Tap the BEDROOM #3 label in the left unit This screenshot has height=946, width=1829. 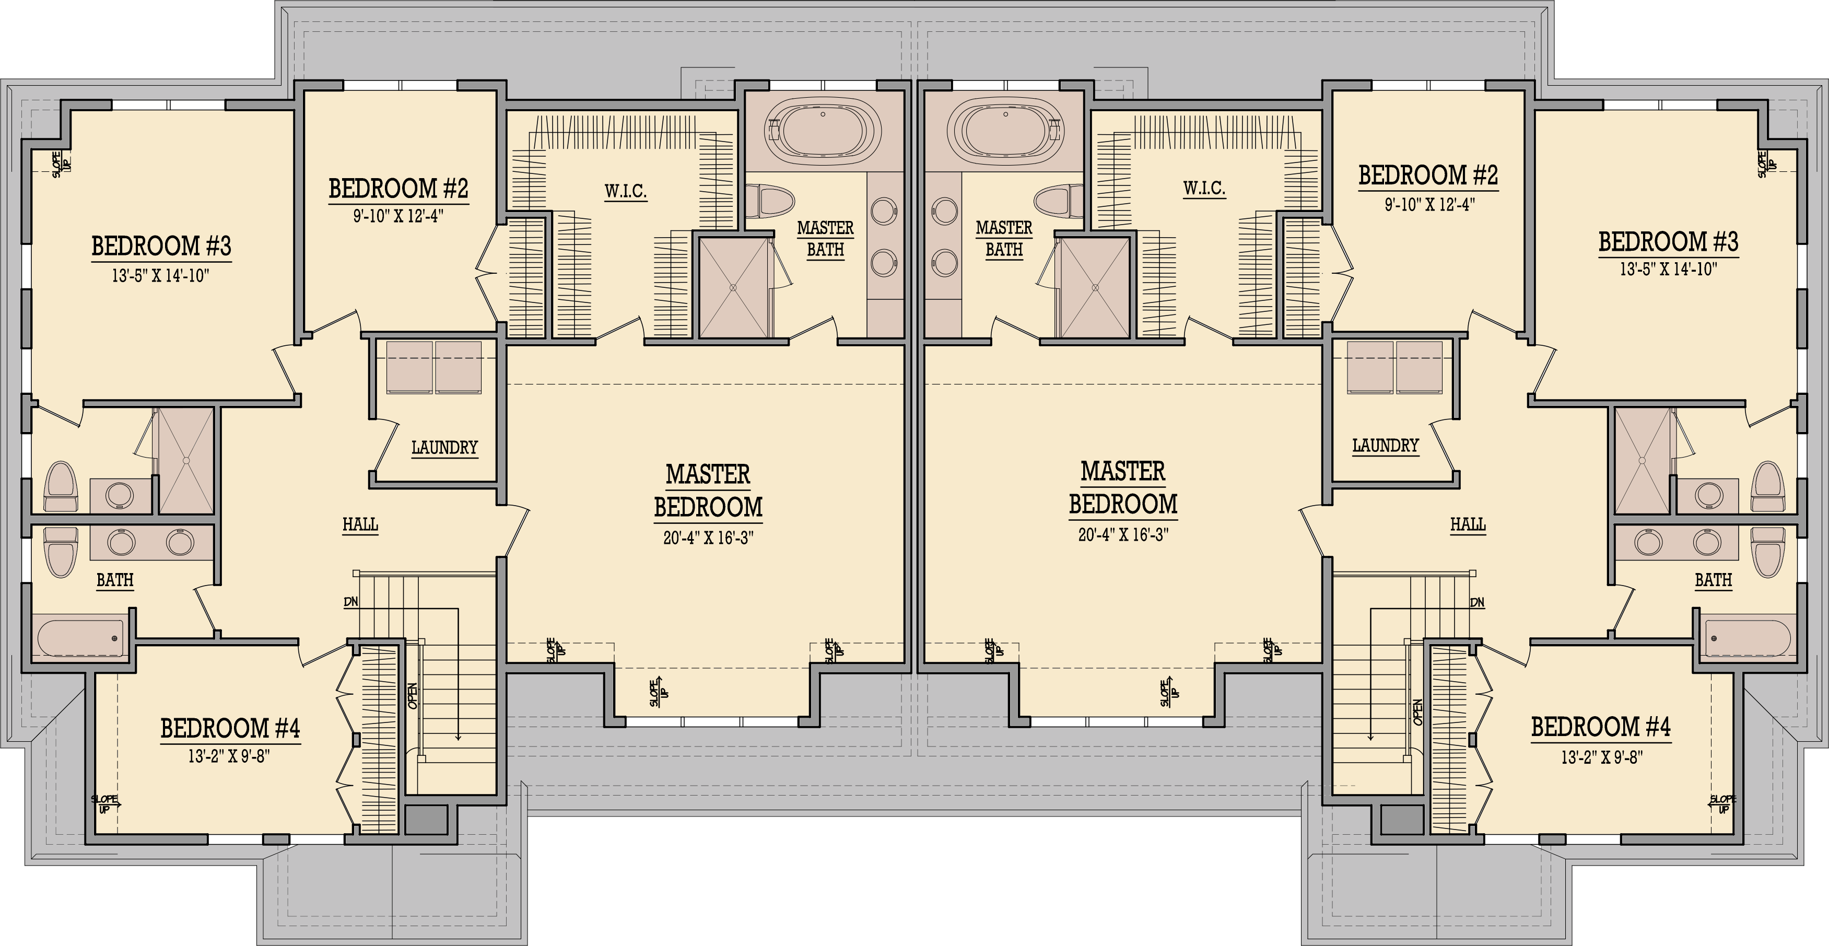point(161,247)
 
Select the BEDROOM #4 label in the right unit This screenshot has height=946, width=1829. point(1600,727)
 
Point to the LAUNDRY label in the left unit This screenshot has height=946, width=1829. point(444,448)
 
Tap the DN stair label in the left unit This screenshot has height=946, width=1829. point(351,602)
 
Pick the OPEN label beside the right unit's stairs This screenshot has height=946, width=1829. point(1417,711)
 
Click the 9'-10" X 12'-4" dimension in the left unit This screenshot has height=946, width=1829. point(398,215)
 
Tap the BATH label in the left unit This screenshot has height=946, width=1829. point(115,580)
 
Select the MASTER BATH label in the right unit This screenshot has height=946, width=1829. point(1004,239)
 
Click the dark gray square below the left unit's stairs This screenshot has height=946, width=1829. point(426,820)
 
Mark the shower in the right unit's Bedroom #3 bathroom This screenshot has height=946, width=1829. point(1643,460)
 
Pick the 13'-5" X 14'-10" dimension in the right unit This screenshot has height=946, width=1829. point(1668,269)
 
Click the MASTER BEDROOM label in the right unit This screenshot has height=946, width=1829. point(1123,488)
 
